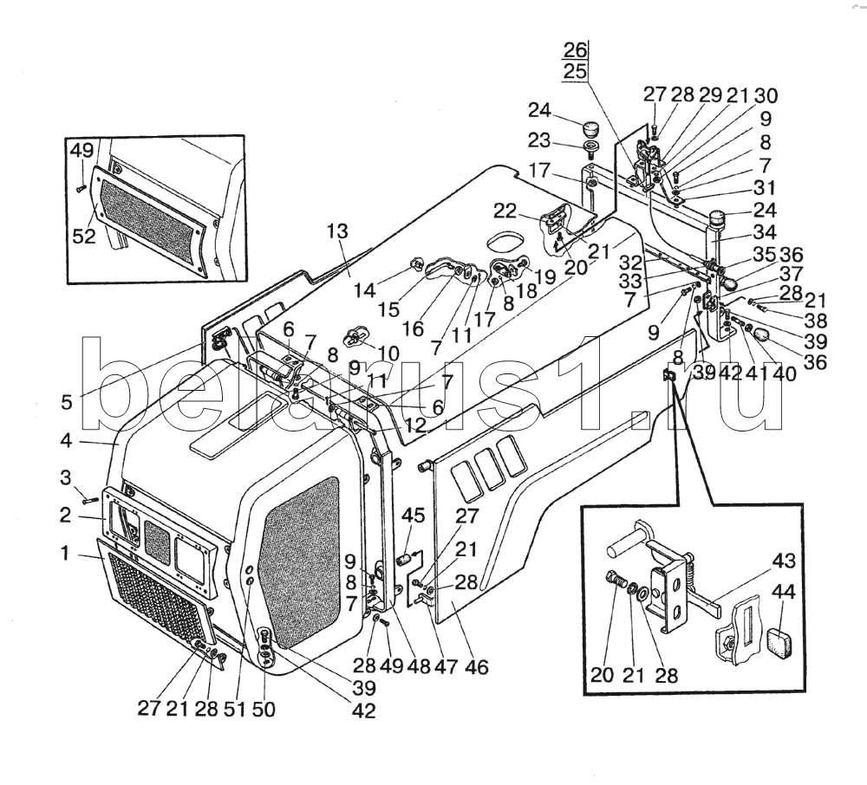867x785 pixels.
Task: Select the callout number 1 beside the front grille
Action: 65,552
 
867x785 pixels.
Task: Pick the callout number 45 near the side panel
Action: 413,516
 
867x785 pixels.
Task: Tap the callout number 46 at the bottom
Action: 476,666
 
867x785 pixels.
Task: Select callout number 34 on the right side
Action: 765,232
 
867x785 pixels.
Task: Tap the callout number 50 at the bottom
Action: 264,710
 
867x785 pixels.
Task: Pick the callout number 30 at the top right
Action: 766,95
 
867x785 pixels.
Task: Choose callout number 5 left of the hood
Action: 66,402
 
